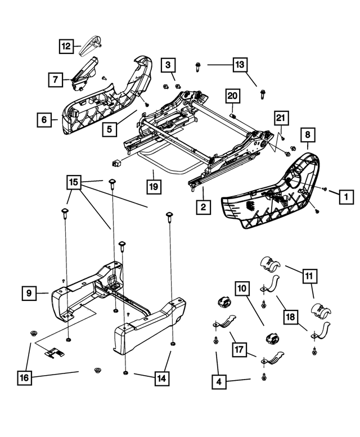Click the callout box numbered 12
point(67,46)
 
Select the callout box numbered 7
point(55,80)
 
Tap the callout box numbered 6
point(42,119)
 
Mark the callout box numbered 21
point(281,118)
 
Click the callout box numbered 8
point(308,134)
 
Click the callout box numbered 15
point(74,182)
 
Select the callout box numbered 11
point(310,276)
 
